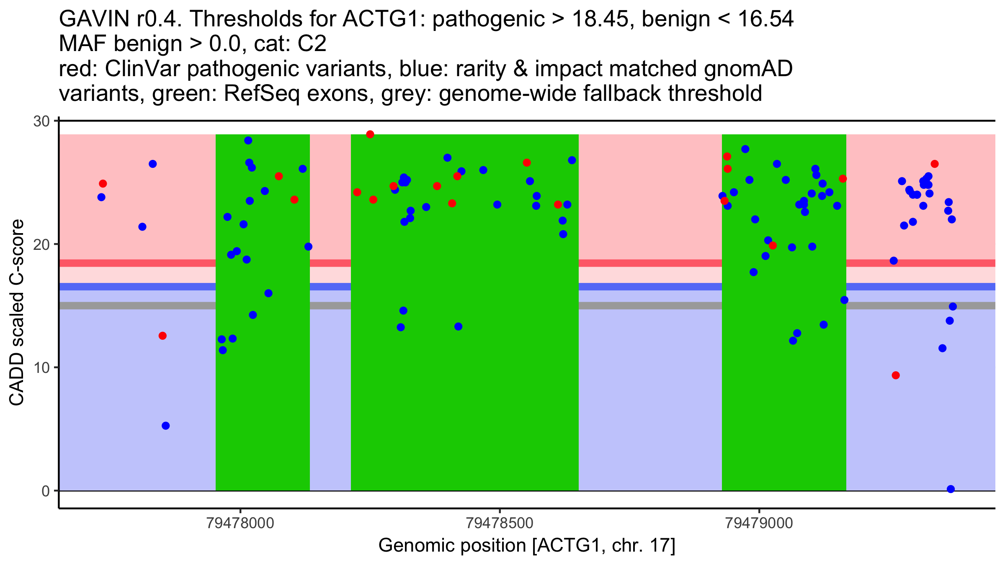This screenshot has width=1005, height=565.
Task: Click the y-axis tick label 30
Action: (41, 121)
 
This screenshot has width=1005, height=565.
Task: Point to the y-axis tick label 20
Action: (41, 245)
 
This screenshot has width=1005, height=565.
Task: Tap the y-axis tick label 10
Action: (41, 368)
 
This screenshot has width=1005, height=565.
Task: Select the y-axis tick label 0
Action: (45, 491)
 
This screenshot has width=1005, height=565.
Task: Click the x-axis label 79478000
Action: (240, 523)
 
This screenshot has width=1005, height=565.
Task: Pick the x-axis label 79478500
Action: (500, 523)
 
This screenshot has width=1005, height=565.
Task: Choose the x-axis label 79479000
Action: (759, 523)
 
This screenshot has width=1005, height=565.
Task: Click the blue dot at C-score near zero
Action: (951, 489)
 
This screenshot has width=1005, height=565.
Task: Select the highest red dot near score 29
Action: (370, 134)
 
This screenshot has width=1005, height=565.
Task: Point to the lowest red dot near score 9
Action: (896, 375)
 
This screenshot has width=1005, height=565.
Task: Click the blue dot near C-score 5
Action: (166, 426)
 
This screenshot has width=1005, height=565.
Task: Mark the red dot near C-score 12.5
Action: (162, 336)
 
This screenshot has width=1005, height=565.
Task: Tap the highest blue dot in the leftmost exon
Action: (248, 141)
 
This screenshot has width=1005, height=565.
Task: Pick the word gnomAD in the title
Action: (748, 69)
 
